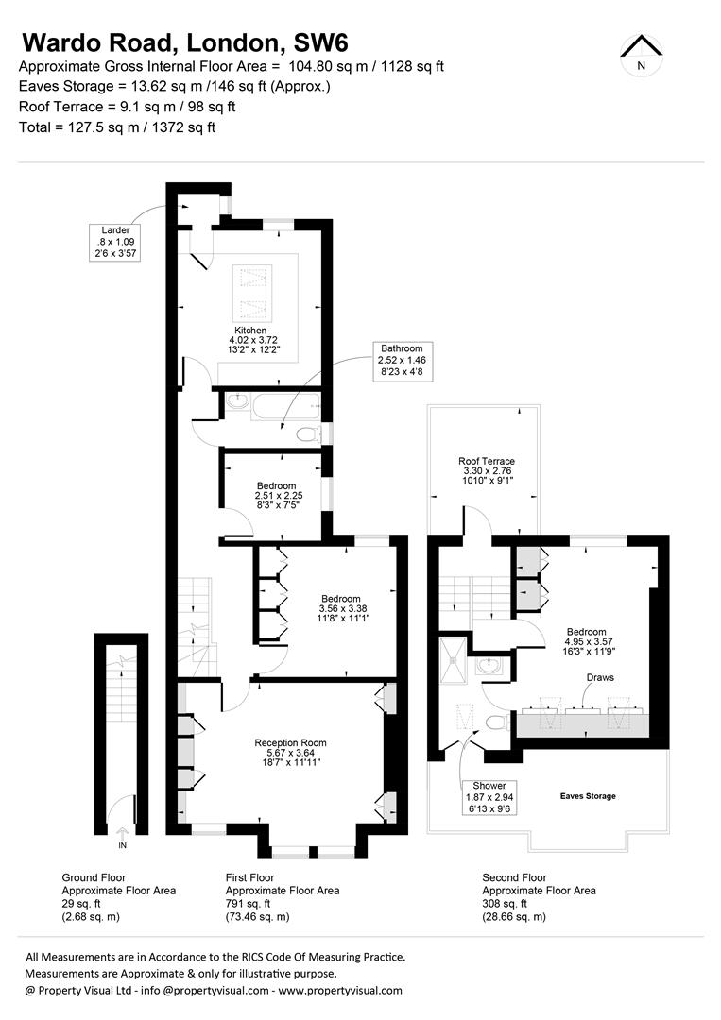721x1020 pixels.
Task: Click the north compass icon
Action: pos(642,54)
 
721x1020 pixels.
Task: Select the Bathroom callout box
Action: pos(403,360)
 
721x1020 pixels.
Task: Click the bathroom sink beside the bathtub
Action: pos(236,399)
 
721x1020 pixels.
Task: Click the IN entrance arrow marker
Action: pos(123,831)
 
